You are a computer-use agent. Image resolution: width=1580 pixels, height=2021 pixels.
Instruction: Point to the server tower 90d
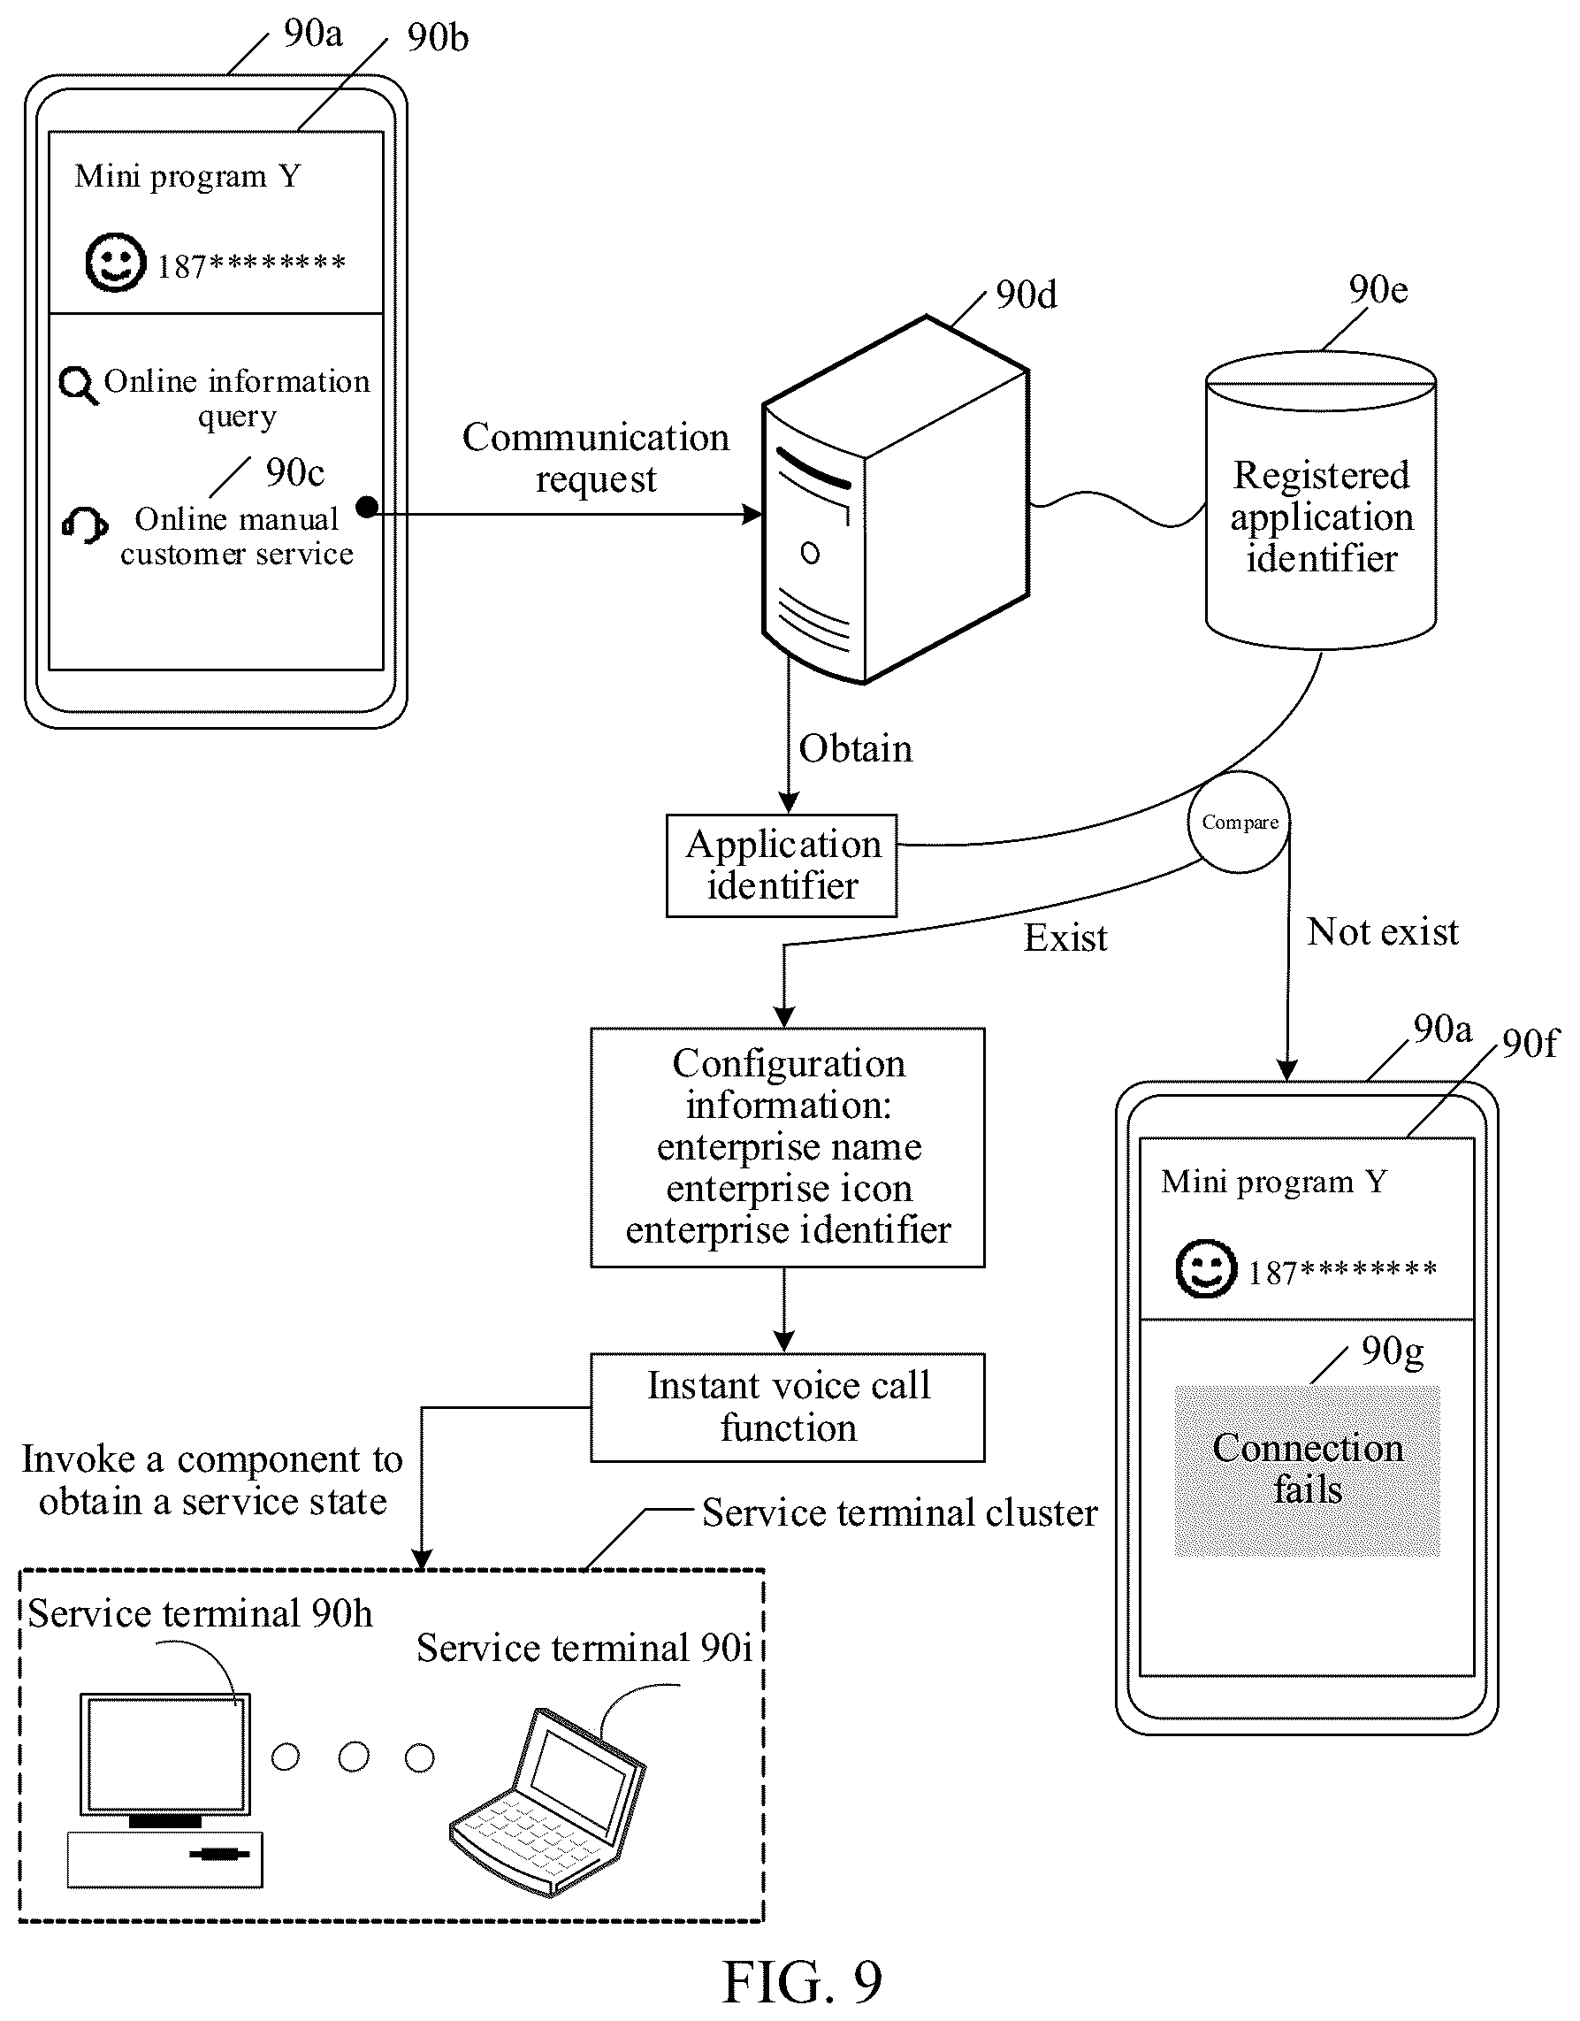pyautogui.click(x=895, y=500)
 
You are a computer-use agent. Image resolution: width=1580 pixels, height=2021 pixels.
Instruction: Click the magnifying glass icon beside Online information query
pyautogui.click(x=79, y=385)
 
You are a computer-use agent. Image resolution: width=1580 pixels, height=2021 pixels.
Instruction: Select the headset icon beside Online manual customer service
pyautogui.click(x=84, y=524)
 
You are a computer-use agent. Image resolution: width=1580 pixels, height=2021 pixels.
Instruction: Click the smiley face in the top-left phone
pyautogui.click(x=116, y=263)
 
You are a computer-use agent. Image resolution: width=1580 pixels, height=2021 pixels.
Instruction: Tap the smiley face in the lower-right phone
pyautogui.click(x=1205, y=1268)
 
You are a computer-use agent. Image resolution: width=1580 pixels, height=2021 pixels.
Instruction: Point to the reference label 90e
pyautogui.click(x=1378, y=291)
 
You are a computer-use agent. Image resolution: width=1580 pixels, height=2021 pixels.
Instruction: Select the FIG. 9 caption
pyautogui.click(x=801, y=1981)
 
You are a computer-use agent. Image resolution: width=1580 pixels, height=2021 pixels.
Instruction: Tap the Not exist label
pyautogui.click(x=1382, y=931)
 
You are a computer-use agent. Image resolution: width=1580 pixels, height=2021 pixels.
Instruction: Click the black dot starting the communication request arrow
pyautogui.click(x=367, y=507)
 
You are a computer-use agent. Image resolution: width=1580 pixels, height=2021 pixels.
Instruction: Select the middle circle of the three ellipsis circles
pyautogui.click(x=354, y=1757)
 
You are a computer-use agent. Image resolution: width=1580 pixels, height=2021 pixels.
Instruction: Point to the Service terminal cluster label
pyautogui.click(x=899, y=1513)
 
